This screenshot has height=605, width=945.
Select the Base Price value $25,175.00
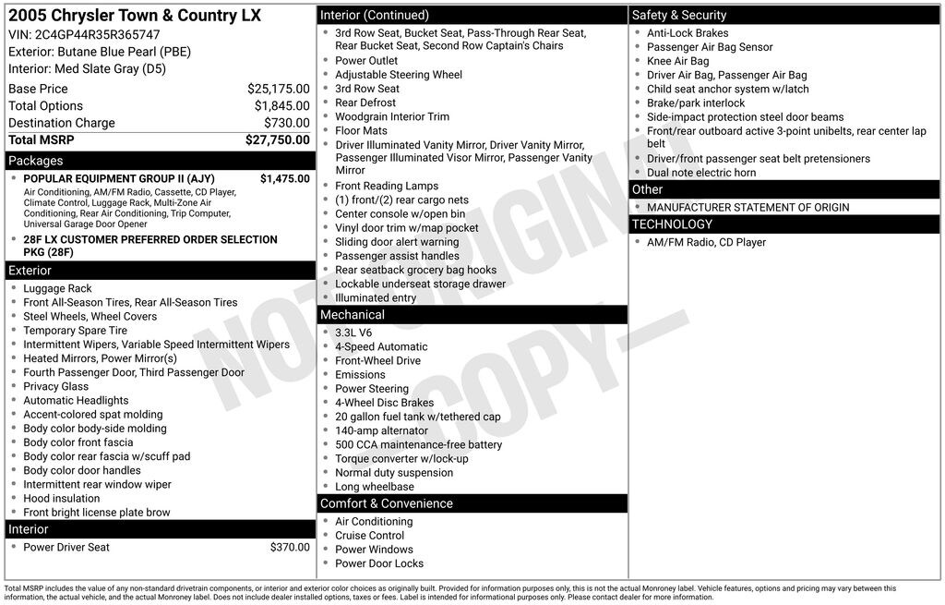pos(278,89)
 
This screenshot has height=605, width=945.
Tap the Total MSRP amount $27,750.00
pos(277,140)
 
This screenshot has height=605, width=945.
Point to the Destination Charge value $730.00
pos(287,123)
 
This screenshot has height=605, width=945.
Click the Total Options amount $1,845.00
pos(281,106)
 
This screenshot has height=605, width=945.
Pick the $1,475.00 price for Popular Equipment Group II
pos(284,178)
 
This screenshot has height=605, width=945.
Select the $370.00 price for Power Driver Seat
pos(290,548)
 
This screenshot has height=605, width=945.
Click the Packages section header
pos(36,161)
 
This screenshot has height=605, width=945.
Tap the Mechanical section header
pos(353,315)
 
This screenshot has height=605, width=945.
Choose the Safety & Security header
pos(679,15)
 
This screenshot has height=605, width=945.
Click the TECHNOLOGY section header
pos(672,224)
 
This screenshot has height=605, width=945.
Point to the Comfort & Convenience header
pos(386,503)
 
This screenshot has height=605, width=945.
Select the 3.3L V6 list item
pos(353,333)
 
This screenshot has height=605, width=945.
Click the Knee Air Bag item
pos(677,61)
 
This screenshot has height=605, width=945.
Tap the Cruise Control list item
pos(369,536)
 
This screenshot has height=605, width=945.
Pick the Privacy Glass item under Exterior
pos(56,387)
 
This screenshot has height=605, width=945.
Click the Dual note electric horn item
pos(701,173)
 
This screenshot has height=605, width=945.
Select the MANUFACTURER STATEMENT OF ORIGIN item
pos(748,208)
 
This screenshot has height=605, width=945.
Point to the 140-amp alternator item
pos(380,430)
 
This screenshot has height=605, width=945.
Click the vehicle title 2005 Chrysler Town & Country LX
pos(135,16)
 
